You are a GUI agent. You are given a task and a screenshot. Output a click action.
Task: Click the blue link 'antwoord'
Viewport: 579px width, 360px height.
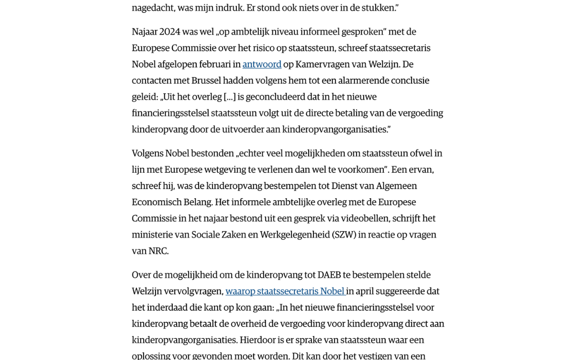[x=262, y=64]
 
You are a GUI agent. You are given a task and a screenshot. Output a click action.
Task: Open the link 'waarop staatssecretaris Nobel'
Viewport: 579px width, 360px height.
[x=285, y=291]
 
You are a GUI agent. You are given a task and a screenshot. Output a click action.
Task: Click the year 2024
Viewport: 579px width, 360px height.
[x=169, y=32]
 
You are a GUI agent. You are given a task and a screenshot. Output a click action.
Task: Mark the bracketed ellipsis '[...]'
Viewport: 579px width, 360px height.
[x=230, y=97]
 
